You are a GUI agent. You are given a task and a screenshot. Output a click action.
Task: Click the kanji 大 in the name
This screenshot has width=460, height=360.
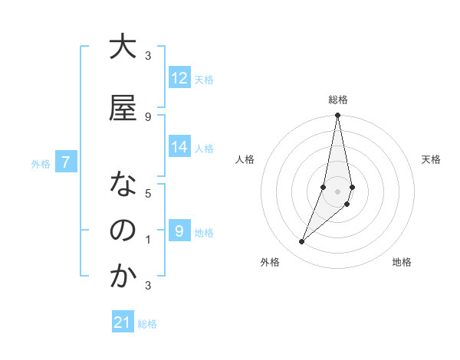coord(123,47)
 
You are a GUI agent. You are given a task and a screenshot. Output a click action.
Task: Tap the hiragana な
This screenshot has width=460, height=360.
coord(123,185)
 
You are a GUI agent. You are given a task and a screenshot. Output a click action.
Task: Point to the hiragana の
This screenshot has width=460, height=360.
coord(123,231)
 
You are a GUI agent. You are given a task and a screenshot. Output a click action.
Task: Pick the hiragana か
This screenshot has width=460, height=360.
coord(123,277)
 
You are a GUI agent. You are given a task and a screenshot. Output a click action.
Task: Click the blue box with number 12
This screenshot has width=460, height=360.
coord(179,78)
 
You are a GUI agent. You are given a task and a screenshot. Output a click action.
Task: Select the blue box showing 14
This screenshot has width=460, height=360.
coord(179,148)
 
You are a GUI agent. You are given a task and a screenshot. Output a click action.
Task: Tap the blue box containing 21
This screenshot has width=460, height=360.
coord(123,322)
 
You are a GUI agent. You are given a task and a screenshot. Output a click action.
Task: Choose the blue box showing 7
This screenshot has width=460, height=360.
coord(66,162)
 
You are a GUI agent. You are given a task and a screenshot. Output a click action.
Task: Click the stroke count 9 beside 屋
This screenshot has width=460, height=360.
coord(148,116)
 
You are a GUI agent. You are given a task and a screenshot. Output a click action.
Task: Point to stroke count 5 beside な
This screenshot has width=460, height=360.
coord(148,193)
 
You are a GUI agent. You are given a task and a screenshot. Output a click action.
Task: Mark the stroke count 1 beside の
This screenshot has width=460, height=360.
coord(148,240)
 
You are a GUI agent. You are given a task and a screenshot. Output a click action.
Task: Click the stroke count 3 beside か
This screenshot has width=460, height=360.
coord(148,286)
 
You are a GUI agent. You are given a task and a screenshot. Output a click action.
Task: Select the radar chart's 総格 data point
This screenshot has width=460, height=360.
coord(337,116)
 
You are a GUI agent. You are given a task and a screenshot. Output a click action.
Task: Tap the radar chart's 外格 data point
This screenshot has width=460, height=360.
coord(302,242)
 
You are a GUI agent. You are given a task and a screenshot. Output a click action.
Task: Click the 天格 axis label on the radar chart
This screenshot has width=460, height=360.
coord(431,159)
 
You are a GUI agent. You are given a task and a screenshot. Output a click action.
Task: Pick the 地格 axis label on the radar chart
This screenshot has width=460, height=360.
coord(402,263)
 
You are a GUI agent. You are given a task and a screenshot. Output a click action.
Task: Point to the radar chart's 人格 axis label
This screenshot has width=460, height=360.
coord(245,159)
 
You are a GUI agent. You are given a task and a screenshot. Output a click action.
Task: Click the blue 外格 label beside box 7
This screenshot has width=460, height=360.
coord(40,163)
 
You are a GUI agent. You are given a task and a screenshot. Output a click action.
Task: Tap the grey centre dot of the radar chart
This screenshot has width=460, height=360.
coord(337,191)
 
